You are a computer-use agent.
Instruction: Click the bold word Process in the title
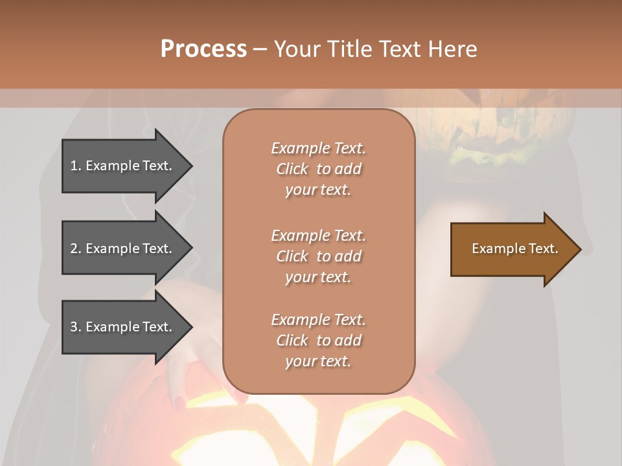[x=203, y=49]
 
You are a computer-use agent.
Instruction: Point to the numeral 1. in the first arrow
[x=76, y=166]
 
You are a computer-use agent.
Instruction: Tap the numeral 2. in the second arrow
[x=76, y=249]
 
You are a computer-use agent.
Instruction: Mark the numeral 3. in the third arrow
[x=76, y=327]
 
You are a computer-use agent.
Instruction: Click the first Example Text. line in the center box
[x=318, y=148]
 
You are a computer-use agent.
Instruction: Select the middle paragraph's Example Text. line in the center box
[x=318, y=235]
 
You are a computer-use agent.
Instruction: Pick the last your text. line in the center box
[x=318, y=361]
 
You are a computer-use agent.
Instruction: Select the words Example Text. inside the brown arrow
[x=514, y=249]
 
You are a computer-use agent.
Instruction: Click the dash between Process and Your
[x=260, y=50]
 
